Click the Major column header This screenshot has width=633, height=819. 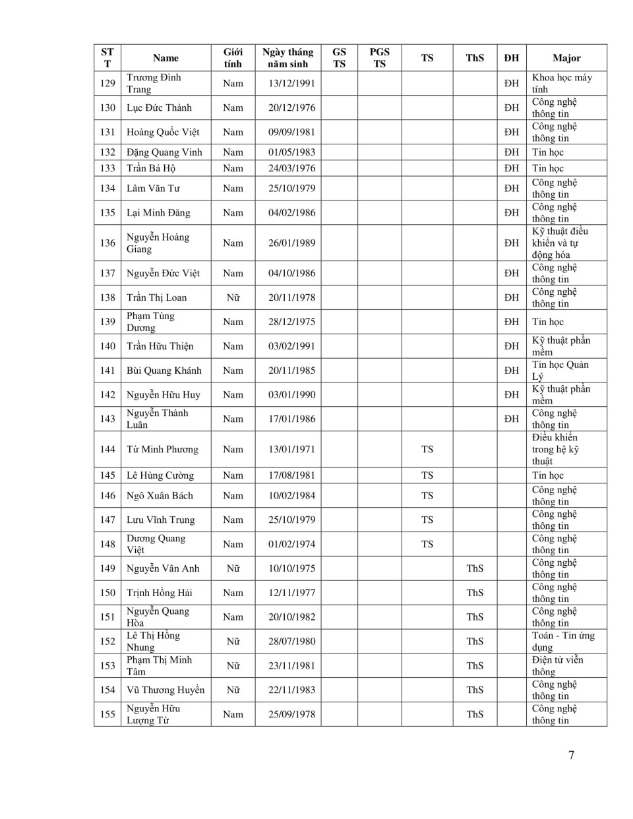(566, 58)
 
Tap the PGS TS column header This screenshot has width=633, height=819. (379, 58)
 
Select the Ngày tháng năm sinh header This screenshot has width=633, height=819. (287, 58)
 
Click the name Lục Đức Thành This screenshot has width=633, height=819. (159, 107)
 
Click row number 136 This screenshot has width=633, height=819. (107, 243)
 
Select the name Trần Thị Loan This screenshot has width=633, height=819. (156, 297)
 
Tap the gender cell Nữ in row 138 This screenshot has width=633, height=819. (233, 297)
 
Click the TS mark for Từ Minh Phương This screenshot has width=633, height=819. (427, 449)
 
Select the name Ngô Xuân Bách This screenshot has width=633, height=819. (160, 495)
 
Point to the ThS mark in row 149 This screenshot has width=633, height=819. (475, 568)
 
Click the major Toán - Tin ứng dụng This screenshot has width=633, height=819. (563, 641)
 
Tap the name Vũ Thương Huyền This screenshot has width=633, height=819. (166, 690)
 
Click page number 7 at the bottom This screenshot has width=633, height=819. (571, 755)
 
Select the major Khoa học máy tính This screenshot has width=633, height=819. (562, 83)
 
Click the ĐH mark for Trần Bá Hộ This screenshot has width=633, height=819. (512, 168)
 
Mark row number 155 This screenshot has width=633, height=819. (107, 714)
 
